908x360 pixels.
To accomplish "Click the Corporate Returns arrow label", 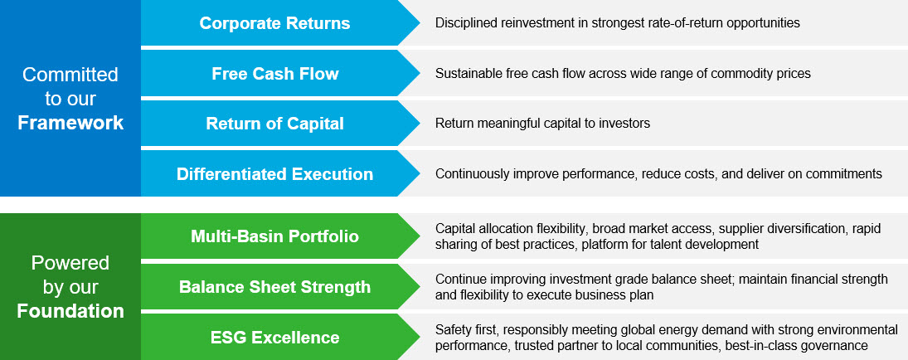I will [274, 23].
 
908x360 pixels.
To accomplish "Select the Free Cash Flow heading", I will [274, 74].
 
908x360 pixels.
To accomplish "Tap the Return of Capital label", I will [274, 124].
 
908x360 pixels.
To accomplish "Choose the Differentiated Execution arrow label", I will [274, 174].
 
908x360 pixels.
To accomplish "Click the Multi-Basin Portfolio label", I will [274, 237].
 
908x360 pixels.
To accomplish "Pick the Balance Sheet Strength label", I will [274, 287].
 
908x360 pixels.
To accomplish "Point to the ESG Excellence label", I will [274, 337].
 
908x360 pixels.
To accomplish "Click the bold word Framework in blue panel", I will [70, 123].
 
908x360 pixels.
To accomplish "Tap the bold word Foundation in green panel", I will [70, 312].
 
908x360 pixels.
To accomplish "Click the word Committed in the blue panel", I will [70, 75].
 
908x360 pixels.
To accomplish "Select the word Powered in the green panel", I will [70, 264].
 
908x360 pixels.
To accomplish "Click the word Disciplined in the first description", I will [465, 23].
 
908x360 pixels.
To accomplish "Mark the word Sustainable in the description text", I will [467, 74].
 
